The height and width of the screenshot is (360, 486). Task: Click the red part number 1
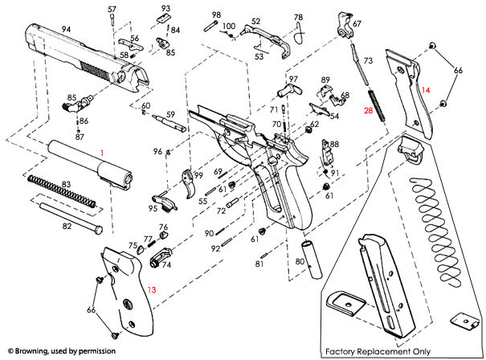point(102,152)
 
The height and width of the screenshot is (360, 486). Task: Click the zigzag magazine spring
point(434,233)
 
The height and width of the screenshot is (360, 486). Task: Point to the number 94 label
point(67,29)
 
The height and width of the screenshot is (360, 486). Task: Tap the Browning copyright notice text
point(61,352)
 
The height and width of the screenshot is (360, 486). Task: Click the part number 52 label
point(256,22)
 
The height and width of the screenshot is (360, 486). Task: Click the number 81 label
point(260,264)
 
